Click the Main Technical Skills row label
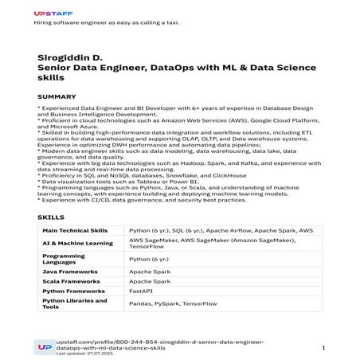click(76, 230)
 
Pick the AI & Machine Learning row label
click(74, 243)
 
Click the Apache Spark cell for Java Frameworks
click(151, 272)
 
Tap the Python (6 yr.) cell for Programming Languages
click(150, 259)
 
